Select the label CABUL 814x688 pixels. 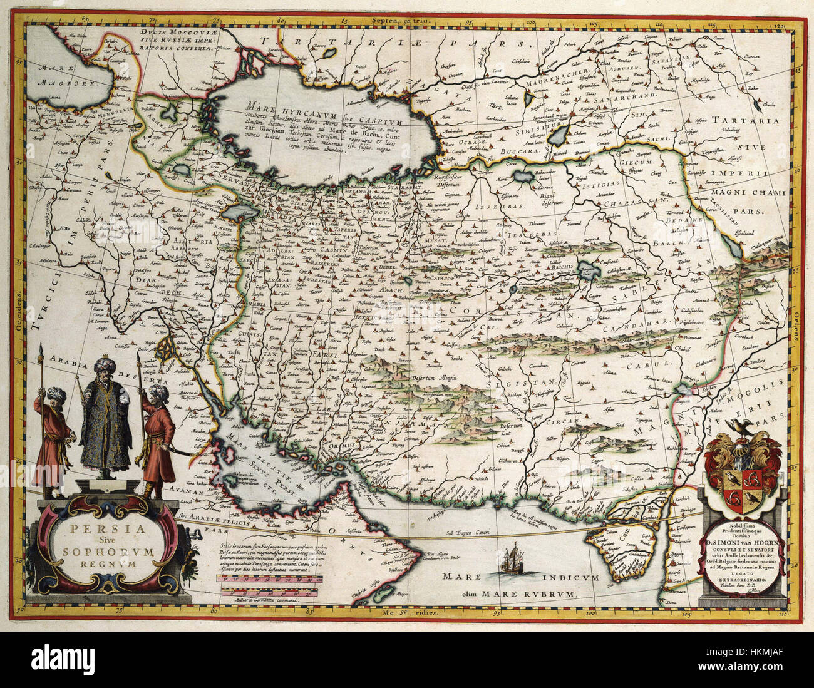click(651, 362)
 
